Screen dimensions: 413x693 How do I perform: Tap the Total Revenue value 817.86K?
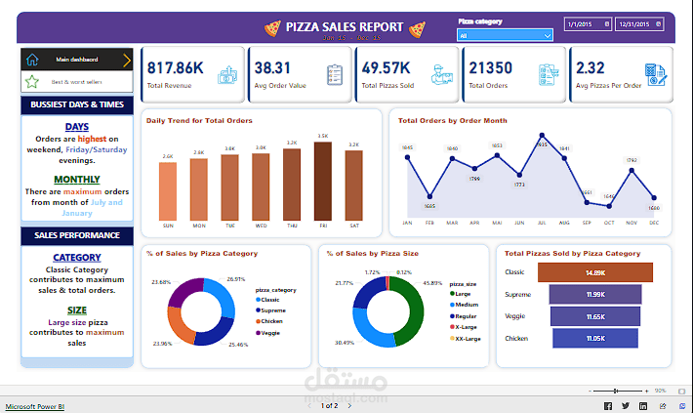pyautogui.click(x=175, y=67)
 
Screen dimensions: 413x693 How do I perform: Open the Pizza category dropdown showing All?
pyautogui.click(x=506, y=35)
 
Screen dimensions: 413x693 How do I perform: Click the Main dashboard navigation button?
pyautogui.click(x=76, y=60)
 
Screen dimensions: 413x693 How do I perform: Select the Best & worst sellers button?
pyautogui.click(x=76, y=82)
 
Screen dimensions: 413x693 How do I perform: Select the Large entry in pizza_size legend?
pyautogui.click(x=464, y=292)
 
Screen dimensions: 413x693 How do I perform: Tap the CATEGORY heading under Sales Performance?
pyautogui.click(x=76, y=258)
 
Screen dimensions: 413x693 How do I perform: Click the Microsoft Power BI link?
pyautogui.click(x=36, y=404)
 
